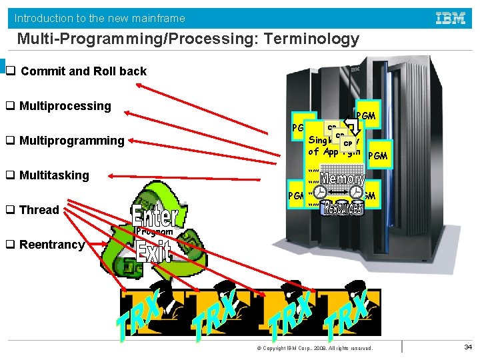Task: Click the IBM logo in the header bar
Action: [451, 18]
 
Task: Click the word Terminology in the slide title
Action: [312, 39]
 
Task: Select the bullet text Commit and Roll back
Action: [83, 71]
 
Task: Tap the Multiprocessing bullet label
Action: [65, 106]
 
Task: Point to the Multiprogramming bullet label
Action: [72, 141]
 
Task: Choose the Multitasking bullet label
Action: [54, 175]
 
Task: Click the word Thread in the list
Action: [39, 210]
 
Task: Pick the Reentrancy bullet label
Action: [52, 245]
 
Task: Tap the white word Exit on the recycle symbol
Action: [154, 251]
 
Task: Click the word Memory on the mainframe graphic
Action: [342, 179]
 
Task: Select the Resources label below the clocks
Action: [342, 208]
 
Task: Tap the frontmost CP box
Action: [347, 143]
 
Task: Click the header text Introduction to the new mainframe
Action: [100, 18]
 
